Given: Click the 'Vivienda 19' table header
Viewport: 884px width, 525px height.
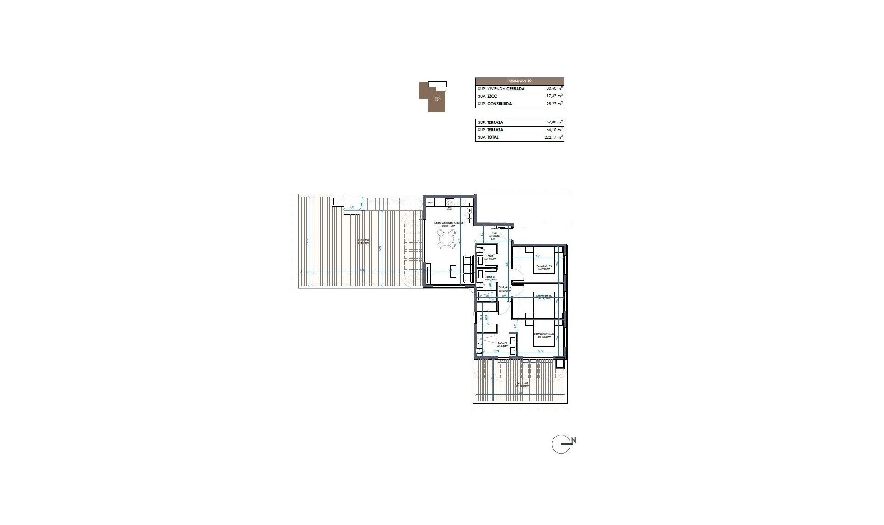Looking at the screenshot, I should coord(519,81).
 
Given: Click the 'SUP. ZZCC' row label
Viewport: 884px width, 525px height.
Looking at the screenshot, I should coord(488,96).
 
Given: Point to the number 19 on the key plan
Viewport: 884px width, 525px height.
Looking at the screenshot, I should coord(436,99).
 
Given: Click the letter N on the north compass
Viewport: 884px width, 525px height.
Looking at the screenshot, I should coord(573,440).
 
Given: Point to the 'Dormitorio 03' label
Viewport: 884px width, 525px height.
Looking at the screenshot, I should coord(543,266).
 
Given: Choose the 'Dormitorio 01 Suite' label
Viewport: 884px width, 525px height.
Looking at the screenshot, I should coord(544,335).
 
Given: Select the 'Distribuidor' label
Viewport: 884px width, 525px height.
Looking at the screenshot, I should coord(505,288).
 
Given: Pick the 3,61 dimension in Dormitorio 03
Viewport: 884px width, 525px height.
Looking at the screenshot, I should coord(537,256).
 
